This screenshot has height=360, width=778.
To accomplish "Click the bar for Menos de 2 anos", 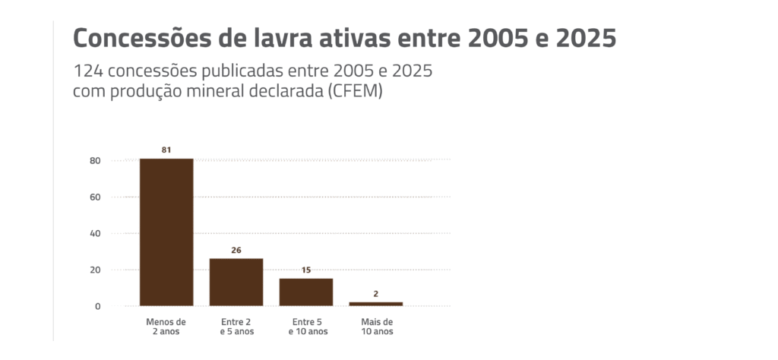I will (166, 232).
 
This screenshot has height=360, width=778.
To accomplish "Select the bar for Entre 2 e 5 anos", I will (236, 282).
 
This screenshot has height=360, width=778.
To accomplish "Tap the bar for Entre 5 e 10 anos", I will (306, 292).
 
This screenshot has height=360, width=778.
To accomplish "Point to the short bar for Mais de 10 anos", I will (376, 304).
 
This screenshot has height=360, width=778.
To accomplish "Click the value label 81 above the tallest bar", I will (166, 150).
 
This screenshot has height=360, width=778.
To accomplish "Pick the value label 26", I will (236, 250).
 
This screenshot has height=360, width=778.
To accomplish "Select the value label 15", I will (306, 270).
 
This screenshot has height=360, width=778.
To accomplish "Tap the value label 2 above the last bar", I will (376, 293).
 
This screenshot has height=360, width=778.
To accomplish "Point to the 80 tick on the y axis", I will (95, 160).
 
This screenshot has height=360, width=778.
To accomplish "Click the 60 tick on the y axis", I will (95, 197).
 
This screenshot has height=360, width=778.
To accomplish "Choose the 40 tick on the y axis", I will (95, 233).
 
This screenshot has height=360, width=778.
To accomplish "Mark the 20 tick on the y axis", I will (95, 270).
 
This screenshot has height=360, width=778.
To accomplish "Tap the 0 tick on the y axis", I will (97, 306).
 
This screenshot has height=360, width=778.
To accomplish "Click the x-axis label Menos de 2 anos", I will (166, 327).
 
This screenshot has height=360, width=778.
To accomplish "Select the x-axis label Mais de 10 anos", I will (376, 327).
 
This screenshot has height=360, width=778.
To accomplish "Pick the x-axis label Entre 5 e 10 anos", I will (306, 327).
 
